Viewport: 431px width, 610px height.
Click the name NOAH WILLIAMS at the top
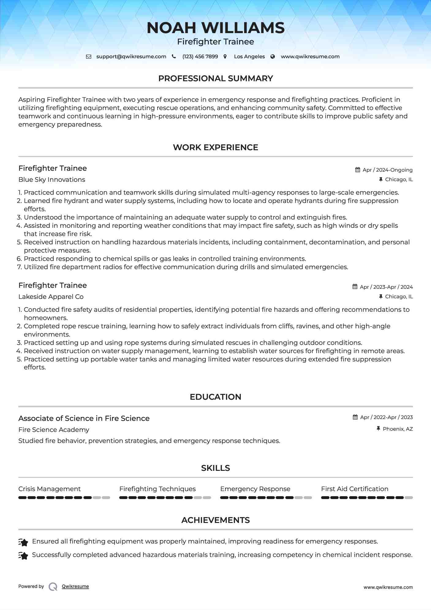(215, 28)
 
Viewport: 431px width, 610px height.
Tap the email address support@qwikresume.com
(131, 56)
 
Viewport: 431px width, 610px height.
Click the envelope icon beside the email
(89, 56)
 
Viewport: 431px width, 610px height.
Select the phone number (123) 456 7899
(200, 56)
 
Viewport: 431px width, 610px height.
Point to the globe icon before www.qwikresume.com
(273, 56)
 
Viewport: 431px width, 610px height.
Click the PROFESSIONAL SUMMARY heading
(215, 78)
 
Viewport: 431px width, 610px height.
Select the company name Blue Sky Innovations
(52, 180)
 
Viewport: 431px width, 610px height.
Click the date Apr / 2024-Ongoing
(388, 170)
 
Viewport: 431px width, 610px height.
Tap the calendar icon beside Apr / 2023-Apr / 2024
(355, 287)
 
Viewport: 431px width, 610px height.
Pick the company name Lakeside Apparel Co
(51, 297)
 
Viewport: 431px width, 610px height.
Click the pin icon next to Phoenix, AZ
(378, 429)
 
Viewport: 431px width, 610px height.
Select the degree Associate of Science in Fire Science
(84, 418)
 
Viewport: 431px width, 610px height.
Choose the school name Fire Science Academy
(54, 430)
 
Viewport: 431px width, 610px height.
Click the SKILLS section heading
(215, 468)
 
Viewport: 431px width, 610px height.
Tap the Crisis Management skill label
(49, 489)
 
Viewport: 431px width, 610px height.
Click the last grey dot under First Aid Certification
(409, 498)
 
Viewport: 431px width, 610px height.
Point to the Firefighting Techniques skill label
(157, 489)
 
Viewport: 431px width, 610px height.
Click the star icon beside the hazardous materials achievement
(23, 555)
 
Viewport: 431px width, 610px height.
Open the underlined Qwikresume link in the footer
(75, 586)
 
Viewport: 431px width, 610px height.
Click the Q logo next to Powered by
(53, 587)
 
